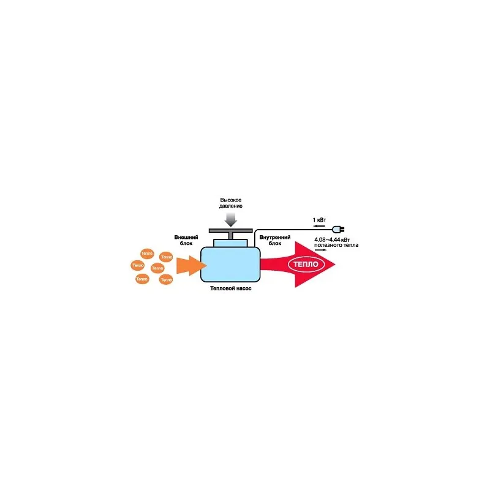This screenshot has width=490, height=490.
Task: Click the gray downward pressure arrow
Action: coord(231,218)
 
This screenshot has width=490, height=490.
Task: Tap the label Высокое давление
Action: coord(231,203)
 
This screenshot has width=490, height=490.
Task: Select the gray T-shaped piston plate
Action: coord(231,231)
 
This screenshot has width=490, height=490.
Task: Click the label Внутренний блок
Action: coord(270,239)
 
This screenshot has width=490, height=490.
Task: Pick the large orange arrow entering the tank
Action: coord(190,265)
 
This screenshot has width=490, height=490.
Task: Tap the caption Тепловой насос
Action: coord(230,287)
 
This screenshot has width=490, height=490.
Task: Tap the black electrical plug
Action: coord(334,228)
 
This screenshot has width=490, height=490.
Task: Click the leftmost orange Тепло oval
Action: coord(138,265)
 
